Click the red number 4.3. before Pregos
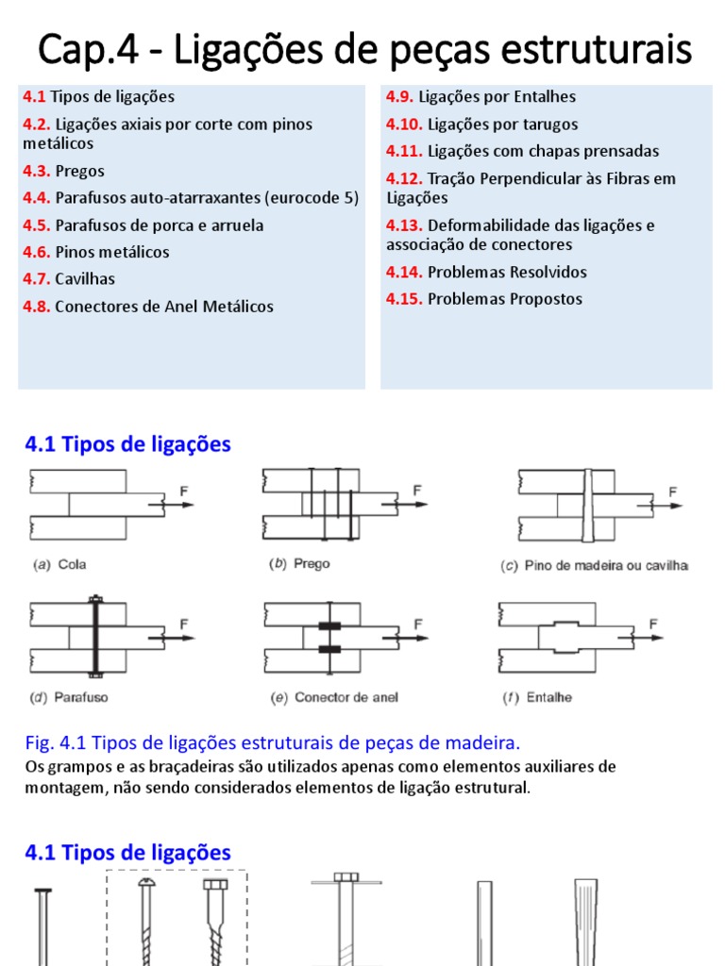[37, 171]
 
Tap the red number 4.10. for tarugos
[404, 124]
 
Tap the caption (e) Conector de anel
[333, 697]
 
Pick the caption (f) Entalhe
[536, 698]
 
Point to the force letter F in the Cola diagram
[184, 491]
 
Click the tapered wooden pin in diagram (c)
[587, 506]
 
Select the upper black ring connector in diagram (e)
[329, 626]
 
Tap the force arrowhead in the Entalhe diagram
[657, 638]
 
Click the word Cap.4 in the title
[81, 49]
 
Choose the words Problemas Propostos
[505, 299]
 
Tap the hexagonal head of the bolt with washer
[346, 877]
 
